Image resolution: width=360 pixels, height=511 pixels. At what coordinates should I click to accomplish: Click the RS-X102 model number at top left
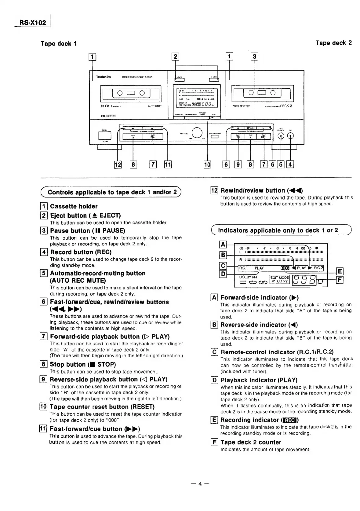[x=32, y=23]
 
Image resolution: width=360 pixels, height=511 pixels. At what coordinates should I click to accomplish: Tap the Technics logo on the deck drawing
[x=104, y=77]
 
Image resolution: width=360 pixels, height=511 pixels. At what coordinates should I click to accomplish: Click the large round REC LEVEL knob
[x=197, y=132]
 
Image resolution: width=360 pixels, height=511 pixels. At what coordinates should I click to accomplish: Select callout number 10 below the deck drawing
[x=207, y=165]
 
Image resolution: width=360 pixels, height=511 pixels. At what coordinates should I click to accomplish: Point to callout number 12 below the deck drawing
[x=118, y=165]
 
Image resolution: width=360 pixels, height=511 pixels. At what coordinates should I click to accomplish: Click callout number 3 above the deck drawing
[x=254, y=57]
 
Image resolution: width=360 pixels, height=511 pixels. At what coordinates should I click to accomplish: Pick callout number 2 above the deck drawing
[x=175, y=57]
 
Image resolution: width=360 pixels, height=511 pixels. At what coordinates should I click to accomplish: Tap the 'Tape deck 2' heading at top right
[x=333, y=43]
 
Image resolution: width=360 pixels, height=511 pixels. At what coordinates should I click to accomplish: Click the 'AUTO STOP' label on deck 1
[x=155, y=106]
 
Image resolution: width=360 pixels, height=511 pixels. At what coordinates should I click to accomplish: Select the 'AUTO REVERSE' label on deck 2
[x=241, y=106]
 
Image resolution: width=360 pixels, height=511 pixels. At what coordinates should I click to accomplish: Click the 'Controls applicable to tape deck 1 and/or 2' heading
[x=112, y=192]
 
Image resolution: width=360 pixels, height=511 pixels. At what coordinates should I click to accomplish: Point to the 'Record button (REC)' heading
[x=81, y=252]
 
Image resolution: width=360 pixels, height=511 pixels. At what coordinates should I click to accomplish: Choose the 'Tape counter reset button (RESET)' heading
[x=102, y=407]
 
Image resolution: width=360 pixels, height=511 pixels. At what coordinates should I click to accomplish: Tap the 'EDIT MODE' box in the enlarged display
[x=279, y=279]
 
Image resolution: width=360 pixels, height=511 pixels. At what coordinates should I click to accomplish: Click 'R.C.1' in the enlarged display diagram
[x=243, y=268]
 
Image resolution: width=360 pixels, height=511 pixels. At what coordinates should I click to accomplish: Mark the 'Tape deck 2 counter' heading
[x=251, y=442]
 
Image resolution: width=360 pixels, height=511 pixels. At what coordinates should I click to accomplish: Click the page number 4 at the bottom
[x=200, y=483]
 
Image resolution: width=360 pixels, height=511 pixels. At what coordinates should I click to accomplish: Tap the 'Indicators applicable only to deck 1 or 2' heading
[x=278, y=230]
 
